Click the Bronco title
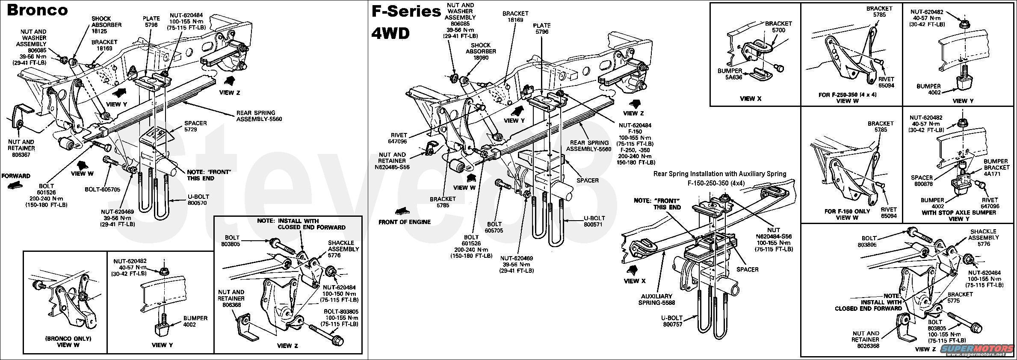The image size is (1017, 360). [37, 10]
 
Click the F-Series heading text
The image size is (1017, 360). [406, 12]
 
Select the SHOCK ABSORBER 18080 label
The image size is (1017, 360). [481, 51]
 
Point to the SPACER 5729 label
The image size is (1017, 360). [195, 126]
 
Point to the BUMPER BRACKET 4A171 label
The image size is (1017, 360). [996, 168]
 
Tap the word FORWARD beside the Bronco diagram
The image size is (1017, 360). [16, 176]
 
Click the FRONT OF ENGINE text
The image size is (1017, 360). [404, 222]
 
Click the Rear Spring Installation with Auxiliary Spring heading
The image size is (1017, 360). [720, 174]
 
